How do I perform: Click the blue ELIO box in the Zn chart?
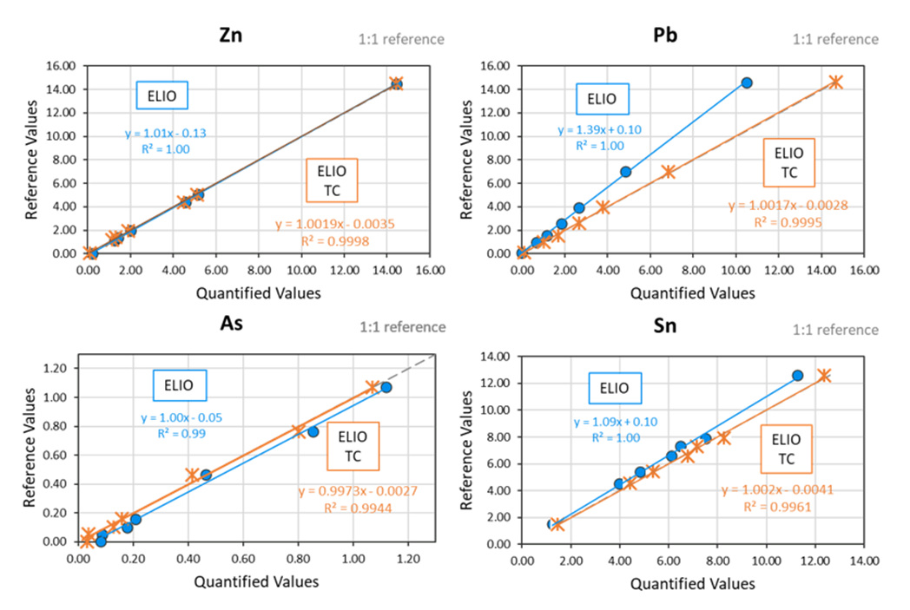162,95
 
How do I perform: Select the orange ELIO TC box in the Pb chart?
788,162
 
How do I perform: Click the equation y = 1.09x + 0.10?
616,422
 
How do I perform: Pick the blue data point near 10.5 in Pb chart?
746,82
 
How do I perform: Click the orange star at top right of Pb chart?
835,82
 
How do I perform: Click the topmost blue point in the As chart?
386,387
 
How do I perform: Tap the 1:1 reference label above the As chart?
403,327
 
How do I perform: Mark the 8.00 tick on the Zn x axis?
259,270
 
